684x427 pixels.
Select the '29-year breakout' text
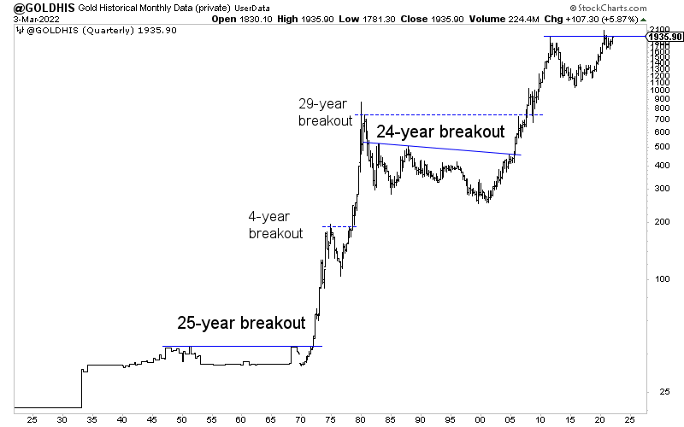click(x=325, y=112)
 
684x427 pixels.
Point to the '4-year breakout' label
click(x=275, y=225)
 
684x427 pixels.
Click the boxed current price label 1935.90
click(x=664, y=37)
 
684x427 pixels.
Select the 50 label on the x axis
click(x=181, y=419)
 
